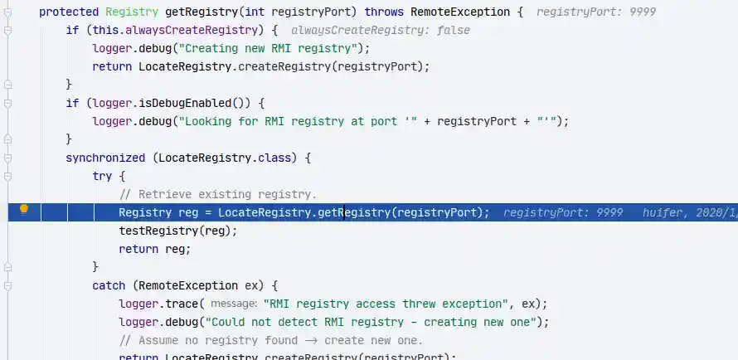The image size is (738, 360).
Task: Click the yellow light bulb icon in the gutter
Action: pyautogui.click(x=24, y=210)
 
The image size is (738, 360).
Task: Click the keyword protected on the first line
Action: pyautogui.click(x=69, y=12)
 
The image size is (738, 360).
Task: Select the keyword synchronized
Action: pyautogui.click(x=105, y=157)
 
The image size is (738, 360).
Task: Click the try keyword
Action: pyautogui.click(x=104, y=175)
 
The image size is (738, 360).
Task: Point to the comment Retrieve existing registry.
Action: pyautogui.click(x=218, y=194)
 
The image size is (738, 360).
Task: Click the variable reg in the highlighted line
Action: pyautogui.click(x=188, y=212)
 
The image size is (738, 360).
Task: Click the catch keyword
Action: pyautogui.click(x=109, y=285)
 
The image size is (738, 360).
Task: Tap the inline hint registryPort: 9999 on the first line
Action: pyautogui.click(x=585, y=12)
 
